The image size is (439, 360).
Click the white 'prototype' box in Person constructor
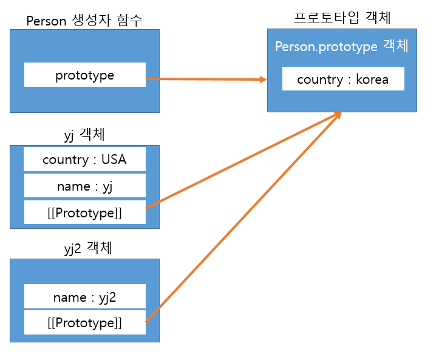pos(84,75)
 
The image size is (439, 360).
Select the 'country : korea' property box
pos(343,80)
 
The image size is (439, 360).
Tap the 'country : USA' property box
pos(84,160)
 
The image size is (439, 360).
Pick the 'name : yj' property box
pos(84,186)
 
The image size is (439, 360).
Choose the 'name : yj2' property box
pos(84,297)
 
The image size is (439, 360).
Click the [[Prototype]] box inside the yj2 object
pos(84,323)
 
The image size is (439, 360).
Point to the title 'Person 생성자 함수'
pos(84,21)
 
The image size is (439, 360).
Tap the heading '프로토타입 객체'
pos(342,18)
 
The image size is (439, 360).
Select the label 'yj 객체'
pos(84,136)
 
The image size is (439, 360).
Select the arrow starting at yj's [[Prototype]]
pos(243,160)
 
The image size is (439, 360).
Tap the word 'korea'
pos(372,80)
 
